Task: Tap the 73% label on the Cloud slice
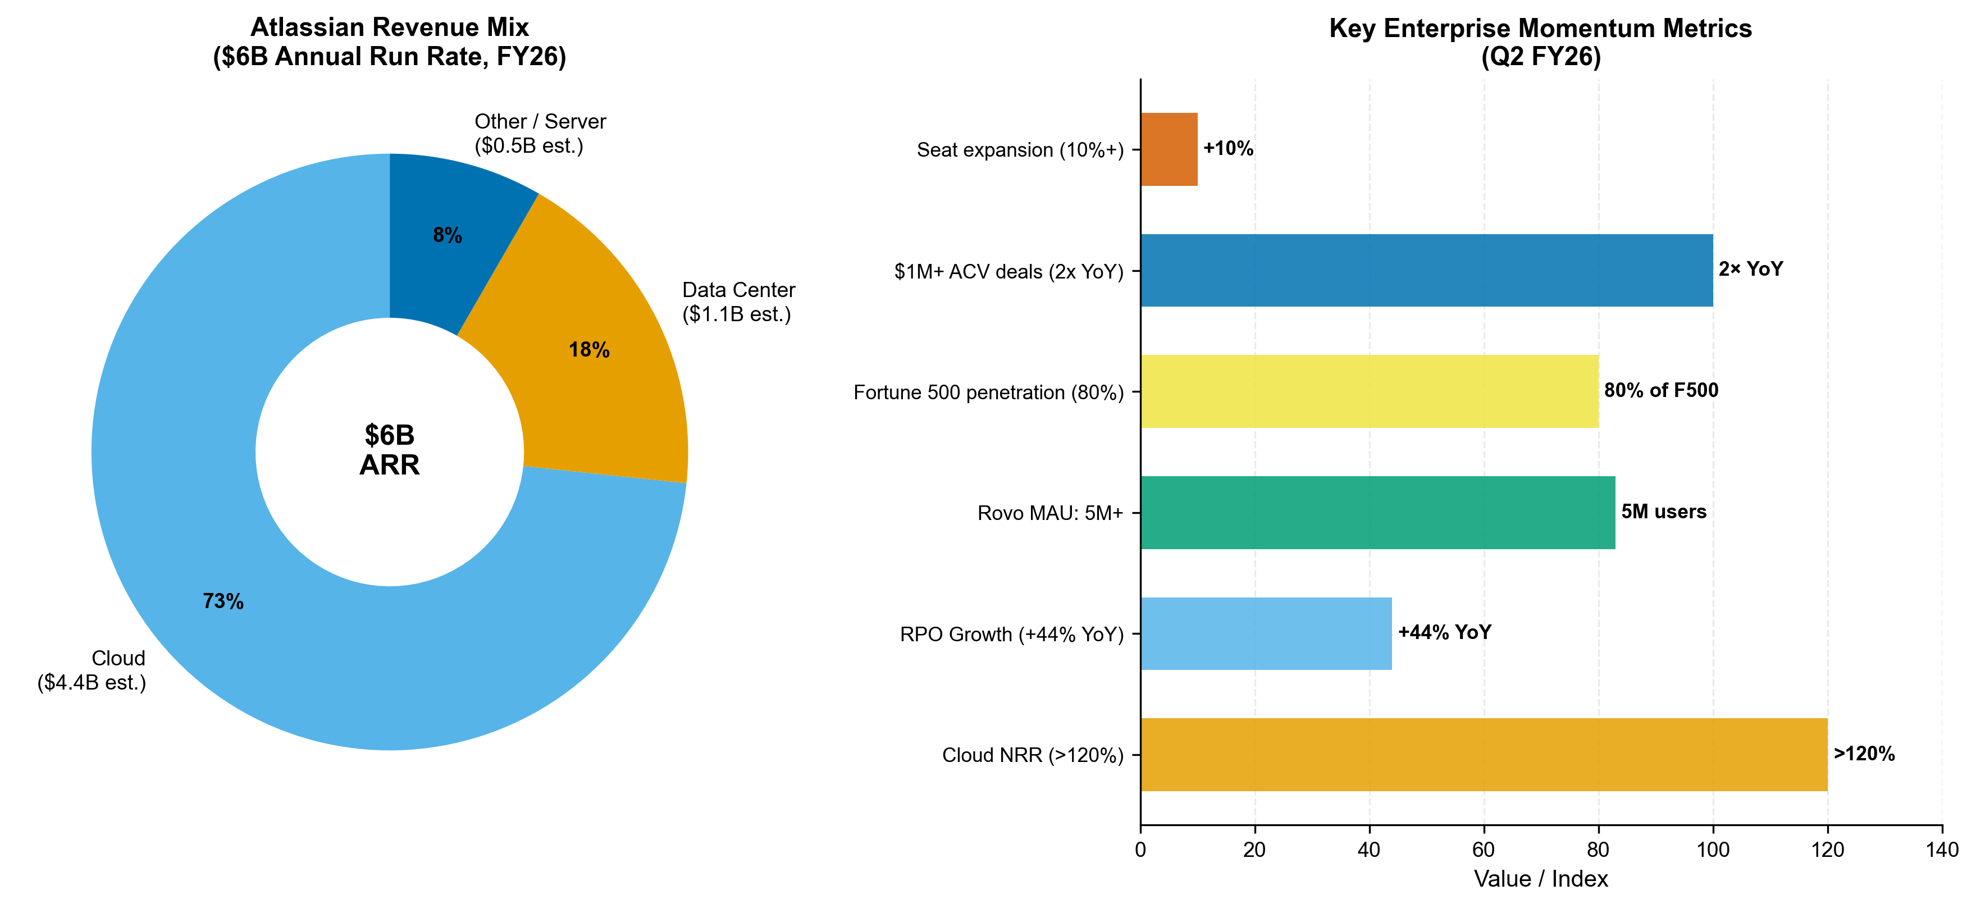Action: (x=223, y=602)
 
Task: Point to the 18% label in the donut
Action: (x=589, y=350)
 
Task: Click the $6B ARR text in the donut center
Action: (x=390, y=450)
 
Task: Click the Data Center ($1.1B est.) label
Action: (x=738, y=302)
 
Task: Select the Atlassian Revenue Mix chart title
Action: (x=390, y=42)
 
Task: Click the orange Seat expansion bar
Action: (x=1169, y=149)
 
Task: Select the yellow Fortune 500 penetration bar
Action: (x=1369, y=391)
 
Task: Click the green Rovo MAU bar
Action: (x=1377, y=512)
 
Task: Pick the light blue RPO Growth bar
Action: (x=1266, y=633)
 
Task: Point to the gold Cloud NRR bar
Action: (x=1483, y=755)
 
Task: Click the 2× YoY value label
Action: (x=1750, y=269)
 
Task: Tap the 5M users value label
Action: (x=1663, y=512)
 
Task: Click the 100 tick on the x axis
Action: (x=1712, y=850)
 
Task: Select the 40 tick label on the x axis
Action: (x=1369, y=850)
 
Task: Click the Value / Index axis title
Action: (x=1540, y=879)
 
